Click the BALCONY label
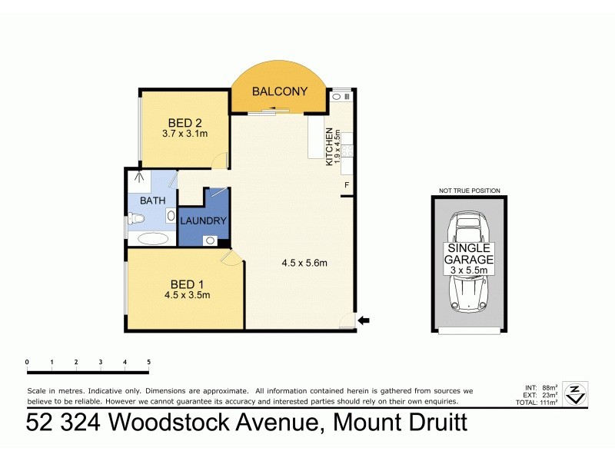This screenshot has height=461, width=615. (280, 91)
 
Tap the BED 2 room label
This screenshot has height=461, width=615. (184, 122)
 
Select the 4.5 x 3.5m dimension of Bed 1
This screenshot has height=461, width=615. (187, 294)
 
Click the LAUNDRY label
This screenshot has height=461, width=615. (204, 221)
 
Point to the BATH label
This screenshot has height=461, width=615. (151, 201)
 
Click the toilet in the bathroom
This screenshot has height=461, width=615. (136, 221)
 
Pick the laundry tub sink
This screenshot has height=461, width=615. (210, 240)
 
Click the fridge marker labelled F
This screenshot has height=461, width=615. (347, 186)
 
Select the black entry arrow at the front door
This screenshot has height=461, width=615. (364, 320)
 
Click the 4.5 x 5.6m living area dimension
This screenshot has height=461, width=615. (304, 264)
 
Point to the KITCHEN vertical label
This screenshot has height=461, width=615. (328, 146)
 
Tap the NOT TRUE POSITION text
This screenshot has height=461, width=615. (469, 191)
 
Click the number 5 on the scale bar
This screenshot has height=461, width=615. (148, 362)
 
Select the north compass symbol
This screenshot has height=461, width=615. (574, 393)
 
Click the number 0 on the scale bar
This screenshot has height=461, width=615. (27, 362)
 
